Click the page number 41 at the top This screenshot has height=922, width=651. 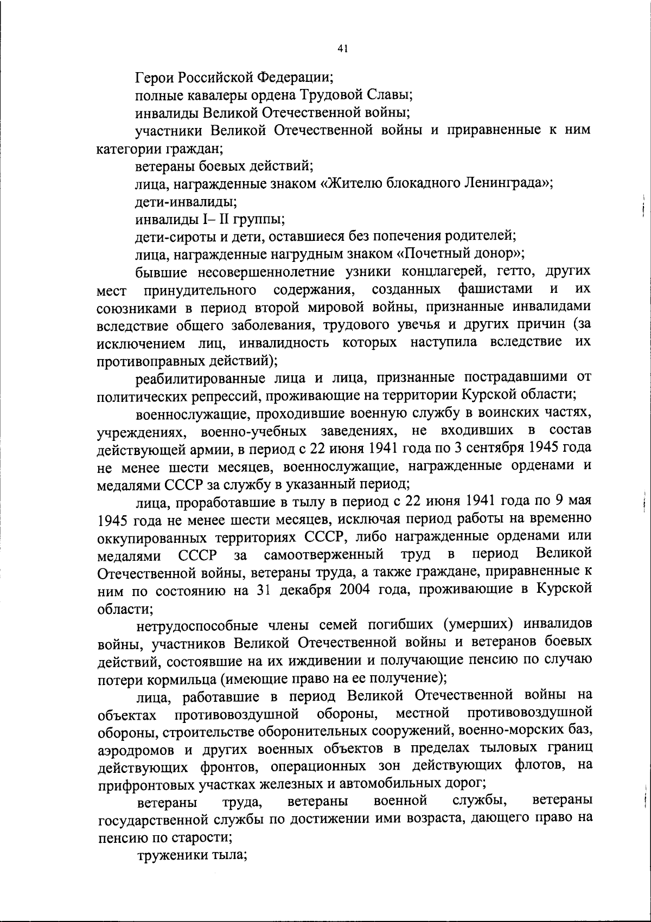point(342,48)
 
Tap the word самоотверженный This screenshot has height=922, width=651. point(324,555)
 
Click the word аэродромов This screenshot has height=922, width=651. point(137,750)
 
